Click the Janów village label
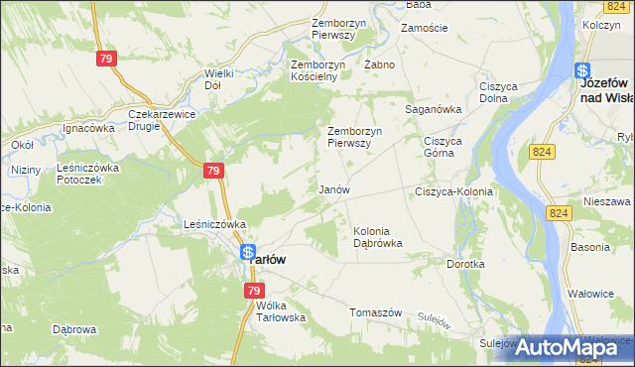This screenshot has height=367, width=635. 333,188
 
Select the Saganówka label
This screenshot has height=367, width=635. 434,110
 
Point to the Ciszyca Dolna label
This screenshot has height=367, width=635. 499,92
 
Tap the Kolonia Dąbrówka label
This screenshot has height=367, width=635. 378,237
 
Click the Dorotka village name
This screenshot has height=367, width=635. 465,265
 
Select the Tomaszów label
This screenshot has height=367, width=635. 375,311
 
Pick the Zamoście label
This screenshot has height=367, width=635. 425,28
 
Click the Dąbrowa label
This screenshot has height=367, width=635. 73,329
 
